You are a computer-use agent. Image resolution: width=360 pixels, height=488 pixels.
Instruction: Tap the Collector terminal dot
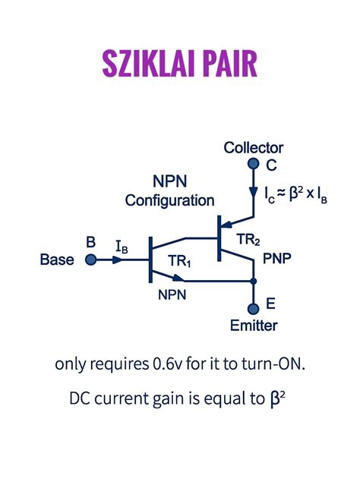(x=254, y=163)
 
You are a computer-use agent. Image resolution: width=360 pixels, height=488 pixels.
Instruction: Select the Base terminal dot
(x=90, y=260)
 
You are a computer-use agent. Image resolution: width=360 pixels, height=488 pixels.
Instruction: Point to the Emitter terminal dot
(x=254, y=309)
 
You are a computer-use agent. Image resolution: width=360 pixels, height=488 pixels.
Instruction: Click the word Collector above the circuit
(x=254, y=147)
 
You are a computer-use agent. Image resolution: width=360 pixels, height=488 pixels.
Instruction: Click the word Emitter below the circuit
(x=254, y=326)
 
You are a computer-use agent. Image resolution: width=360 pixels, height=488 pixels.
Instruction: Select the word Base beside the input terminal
(x=57, y=260)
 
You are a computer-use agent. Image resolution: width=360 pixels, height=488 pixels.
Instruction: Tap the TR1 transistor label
(x=180, y=261)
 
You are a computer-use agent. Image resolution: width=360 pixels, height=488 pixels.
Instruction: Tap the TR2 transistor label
(x=248, y=240)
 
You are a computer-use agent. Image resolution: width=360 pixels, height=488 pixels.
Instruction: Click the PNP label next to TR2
(x=277, y=258)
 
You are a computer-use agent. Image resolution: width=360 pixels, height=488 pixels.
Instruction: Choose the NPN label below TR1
(x=172, y=294)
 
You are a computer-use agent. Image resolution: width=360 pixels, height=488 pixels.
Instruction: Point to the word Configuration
(x=169, y=200)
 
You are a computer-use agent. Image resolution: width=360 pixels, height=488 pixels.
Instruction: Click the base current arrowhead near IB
(x=118, y=260)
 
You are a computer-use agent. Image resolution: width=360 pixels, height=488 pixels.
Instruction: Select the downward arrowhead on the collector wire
(x=254, y=192)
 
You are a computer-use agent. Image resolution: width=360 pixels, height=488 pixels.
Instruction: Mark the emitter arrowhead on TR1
(x=178, y=277)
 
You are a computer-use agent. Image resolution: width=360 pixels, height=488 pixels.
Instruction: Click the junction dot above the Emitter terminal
(x=254, y=281)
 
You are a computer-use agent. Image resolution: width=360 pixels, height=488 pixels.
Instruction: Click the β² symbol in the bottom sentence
(x=276, y=399)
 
